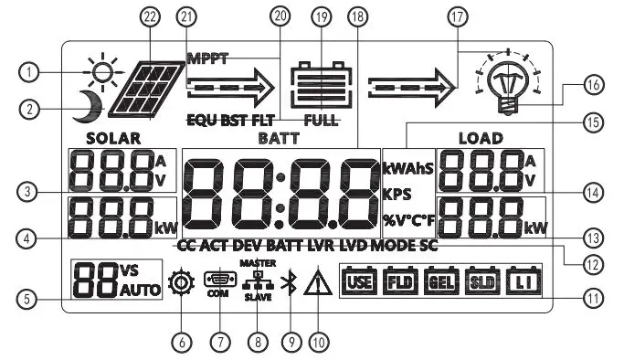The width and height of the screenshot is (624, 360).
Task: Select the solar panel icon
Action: click(144, 90)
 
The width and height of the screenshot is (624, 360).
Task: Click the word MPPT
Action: click(207, 58)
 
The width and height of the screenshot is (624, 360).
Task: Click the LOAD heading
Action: click(481, 138)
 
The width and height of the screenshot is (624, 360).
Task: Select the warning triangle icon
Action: click(316, 285)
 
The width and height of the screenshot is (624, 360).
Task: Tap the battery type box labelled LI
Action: click(524, 281)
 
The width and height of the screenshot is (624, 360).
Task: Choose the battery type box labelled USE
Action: click(359, 281)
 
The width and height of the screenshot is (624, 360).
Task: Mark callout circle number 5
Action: click(32, 297)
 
